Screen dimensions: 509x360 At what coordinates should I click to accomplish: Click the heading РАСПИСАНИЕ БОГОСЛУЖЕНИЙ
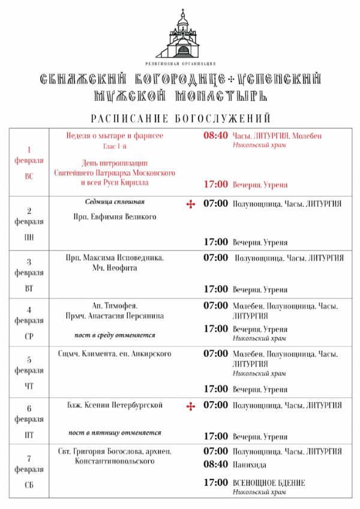pos(181,118)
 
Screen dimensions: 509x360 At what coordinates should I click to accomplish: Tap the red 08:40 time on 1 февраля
pos(215,135)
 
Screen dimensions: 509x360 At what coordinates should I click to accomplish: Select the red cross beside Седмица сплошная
pos(191,204)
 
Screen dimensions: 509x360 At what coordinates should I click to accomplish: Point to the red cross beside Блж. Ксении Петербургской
pos(191,406)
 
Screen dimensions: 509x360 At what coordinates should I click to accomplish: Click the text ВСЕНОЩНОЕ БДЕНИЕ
pos(269,483)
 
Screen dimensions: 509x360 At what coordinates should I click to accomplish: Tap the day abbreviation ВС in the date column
pos(29,176)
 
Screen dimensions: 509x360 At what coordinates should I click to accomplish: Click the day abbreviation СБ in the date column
pos(29,484)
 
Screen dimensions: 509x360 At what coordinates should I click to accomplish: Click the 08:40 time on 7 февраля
pos(215,464)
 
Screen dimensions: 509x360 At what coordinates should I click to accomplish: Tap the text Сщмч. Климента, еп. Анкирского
pos(115,354)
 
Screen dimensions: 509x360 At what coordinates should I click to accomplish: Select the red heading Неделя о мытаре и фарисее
pos(115,135)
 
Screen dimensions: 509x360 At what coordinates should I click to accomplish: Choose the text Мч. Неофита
pos(115,268)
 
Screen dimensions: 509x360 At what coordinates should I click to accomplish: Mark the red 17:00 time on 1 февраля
pos(215,184)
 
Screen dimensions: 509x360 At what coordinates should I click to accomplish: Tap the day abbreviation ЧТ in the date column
pos(29,386)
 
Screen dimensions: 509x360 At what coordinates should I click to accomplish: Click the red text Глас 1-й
pos(115,147)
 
